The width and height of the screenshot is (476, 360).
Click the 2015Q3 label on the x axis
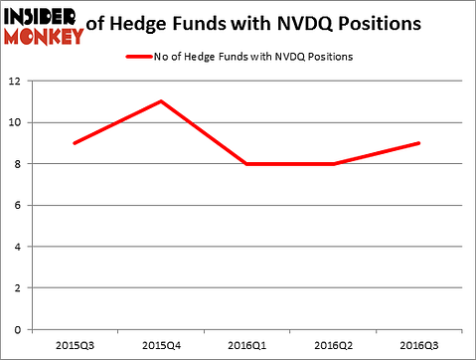click(75, 344)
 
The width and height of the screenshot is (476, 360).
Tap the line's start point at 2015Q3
click(75, 143)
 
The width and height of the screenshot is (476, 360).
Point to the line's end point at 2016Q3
click(417, 143)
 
